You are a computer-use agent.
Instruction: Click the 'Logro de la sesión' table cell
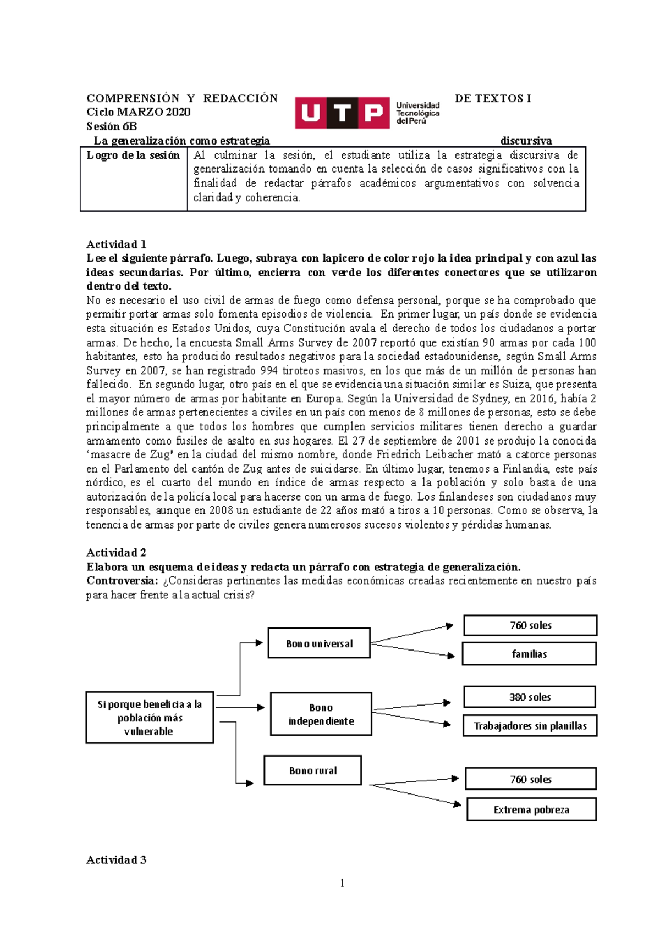click(133, 155)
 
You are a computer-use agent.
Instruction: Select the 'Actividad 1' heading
click(116, 245)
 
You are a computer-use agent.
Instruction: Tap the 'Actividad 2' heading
click(116, 553)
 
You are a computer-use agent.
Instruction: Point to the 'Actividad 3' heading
click(116, 860)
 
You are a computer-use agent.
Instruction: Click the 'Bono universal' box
click(319, 643)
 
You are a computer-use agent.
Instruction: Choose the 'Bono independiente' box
click(321, 714)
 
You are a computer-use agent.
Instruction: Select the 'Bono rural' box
click(312, 770)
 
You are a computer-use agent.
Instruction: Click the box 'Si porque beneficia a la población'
click(150, 718)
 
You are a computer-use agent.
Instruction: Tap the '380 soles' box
click(529, 697)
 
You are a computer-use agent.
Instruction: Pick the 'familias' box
click(529, 654)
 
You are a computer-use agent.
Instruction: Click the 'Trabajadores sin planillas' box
click(530, 726)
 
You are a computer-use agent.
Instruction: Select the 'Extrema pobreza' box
click(531, 809)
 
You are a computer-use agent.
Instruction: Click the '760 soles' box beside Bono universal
click(530, 625)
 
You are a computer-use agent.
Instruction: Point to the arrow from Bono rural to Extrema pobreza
click(415, 795)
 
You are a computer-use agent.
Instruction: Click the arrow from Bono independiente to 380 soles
click(411, 707)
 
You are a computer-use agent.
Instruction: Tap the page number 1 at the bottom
click(342, 883)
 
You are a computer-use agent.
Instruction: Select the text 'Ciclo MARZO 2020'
click(139, 112)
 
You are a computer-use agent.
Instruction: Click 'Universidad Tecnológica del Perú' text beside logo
click(418, 113)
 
